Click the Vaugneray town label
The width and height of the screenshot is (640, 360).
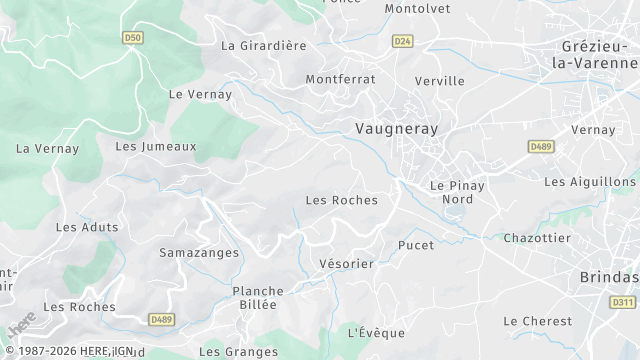point(397,129)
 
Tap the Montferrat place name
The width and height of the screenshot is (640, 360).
point(340,78)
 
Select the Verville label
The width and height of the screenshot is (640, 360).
point(439,81)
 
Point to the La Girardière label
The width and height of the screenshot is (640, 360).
point(264,45)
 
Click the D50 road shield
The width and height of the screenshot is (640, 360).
point(133,38)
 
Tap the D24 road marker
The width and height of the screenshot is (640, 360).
point(402,41)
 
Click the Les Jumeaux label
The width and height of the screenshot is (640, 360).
point(156,146)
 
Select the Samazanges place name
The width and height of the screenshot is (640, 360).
point(199,253)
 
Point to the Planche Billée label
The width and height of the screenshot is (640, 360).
point(258,298)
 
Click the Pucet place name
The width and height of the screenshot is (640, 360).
point(416,245)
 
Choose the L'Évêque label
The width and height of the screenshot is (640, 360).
point(376,332)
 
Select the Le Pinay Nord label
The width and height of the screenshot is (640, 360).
point(457,192)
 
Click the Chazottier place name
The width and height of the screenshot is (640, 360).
point(537,238)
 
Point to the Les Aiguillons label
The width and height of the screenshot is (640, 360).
point(589,182)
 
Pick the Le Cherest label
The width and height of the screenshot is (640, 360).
point(538,321)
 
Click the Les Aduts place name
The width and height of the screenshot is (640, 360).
point(87,227)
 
